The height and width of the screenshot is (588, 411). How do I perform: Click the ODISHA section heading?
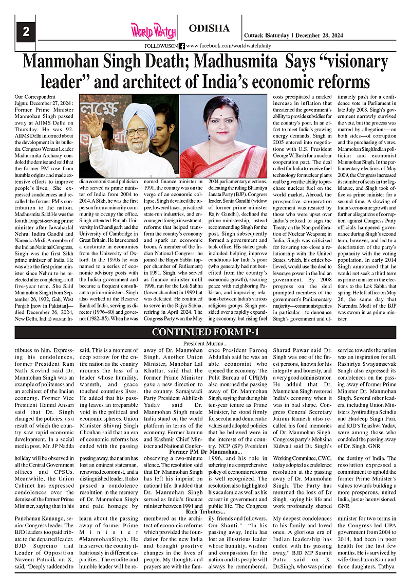(x=209, y=28)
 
